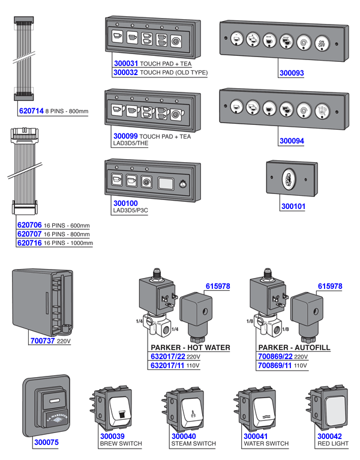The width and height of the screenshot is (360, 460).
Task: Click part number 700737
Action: click(43, 340)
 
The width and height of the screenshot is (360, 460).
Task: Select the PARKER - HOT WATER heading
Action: click(190, 348)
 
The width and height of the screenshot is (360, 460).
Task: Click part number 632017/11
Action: click(167, 365)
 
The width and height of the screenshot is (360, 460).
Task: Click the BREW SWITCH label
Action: click(120, 444)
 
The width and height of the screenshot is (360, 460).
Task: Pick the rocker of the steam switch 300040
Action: click(192, 411)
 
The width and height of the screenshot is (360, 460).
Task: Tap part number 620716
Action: click(29, 243)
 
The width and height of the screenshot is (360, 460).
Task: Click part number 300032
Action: click(125, 72)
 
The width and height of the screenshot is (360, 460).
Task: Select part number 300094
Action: click(292, 142)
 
